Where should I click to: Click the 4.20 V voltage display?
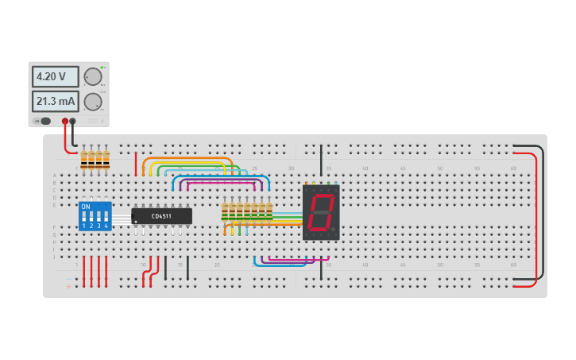(55, 77)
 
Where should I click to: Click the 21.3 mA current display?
(55, 102)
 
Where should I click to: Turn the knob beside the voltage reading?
(93, 76)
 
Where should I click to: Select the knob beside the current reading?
(93, 102)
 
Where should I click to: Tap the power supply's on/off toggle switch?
(44, 121)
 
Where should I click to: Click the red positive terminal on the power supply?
(65, 122)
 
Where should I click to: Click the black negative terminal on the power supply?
(73, 122)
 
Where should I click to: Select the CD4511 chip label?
(162, 216)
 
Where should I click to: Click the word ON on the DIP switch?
(86, 207)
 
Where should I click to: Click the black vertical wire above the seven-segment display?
(322, 159)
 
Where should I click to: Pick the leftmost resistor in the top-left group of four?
(84, 160)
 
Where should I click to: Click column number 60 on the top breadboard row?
(513, 168)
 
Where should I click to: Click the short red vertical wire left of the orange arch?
(136, 164)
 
